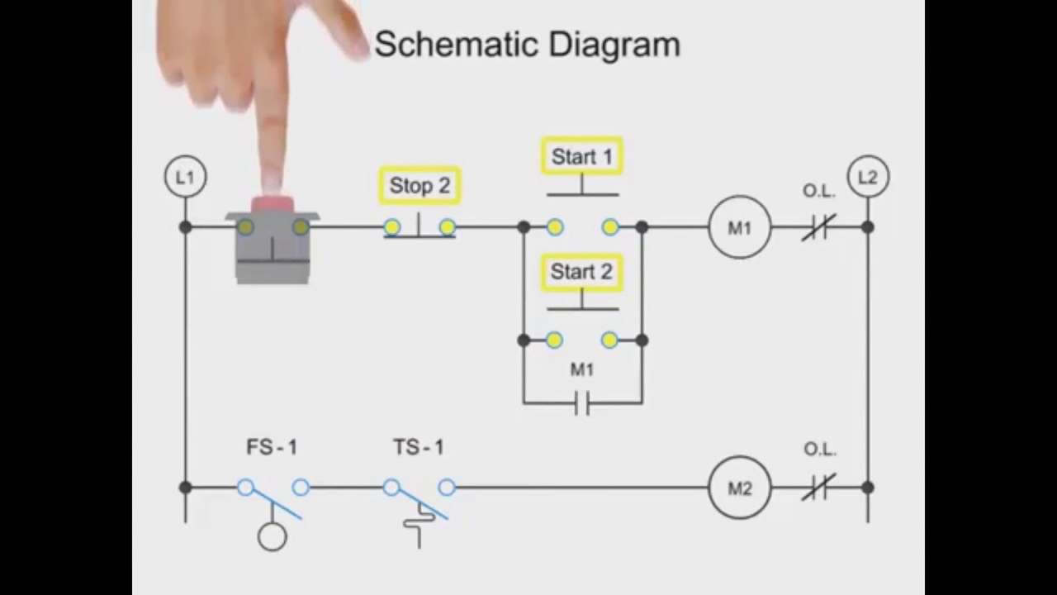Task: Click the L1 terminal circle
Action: tap(185, 177)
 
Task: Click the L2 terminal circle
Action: tap(868, 177)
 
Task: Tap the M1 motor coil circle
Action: tap(739, 227)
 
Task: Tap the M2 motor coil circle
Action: tap(739, 488)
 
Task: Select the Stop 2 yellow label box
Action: tap(419, 186)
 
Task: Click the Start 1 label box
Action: tap(582, 156)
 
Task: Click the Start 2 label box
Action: tap(582, 272)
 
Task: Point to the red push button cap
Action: tap(272, 204)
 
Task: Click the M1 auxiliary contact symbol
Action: tap(582, 403)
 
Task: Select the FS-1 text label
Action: tap(272, 448)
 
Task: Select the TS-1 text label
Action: tap(419, 448)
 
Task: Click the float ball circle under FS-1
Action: tap(272, 537)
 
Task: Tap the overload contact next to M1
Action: tap(818, 227)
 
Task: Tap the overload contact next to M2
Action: tap(818, 488)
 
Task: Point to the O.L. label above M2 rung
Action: tap(819, 450)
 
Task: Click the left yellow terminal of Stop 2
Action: tap(392, 227)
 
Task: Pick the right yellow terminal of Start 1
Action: tap(610, 227)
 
